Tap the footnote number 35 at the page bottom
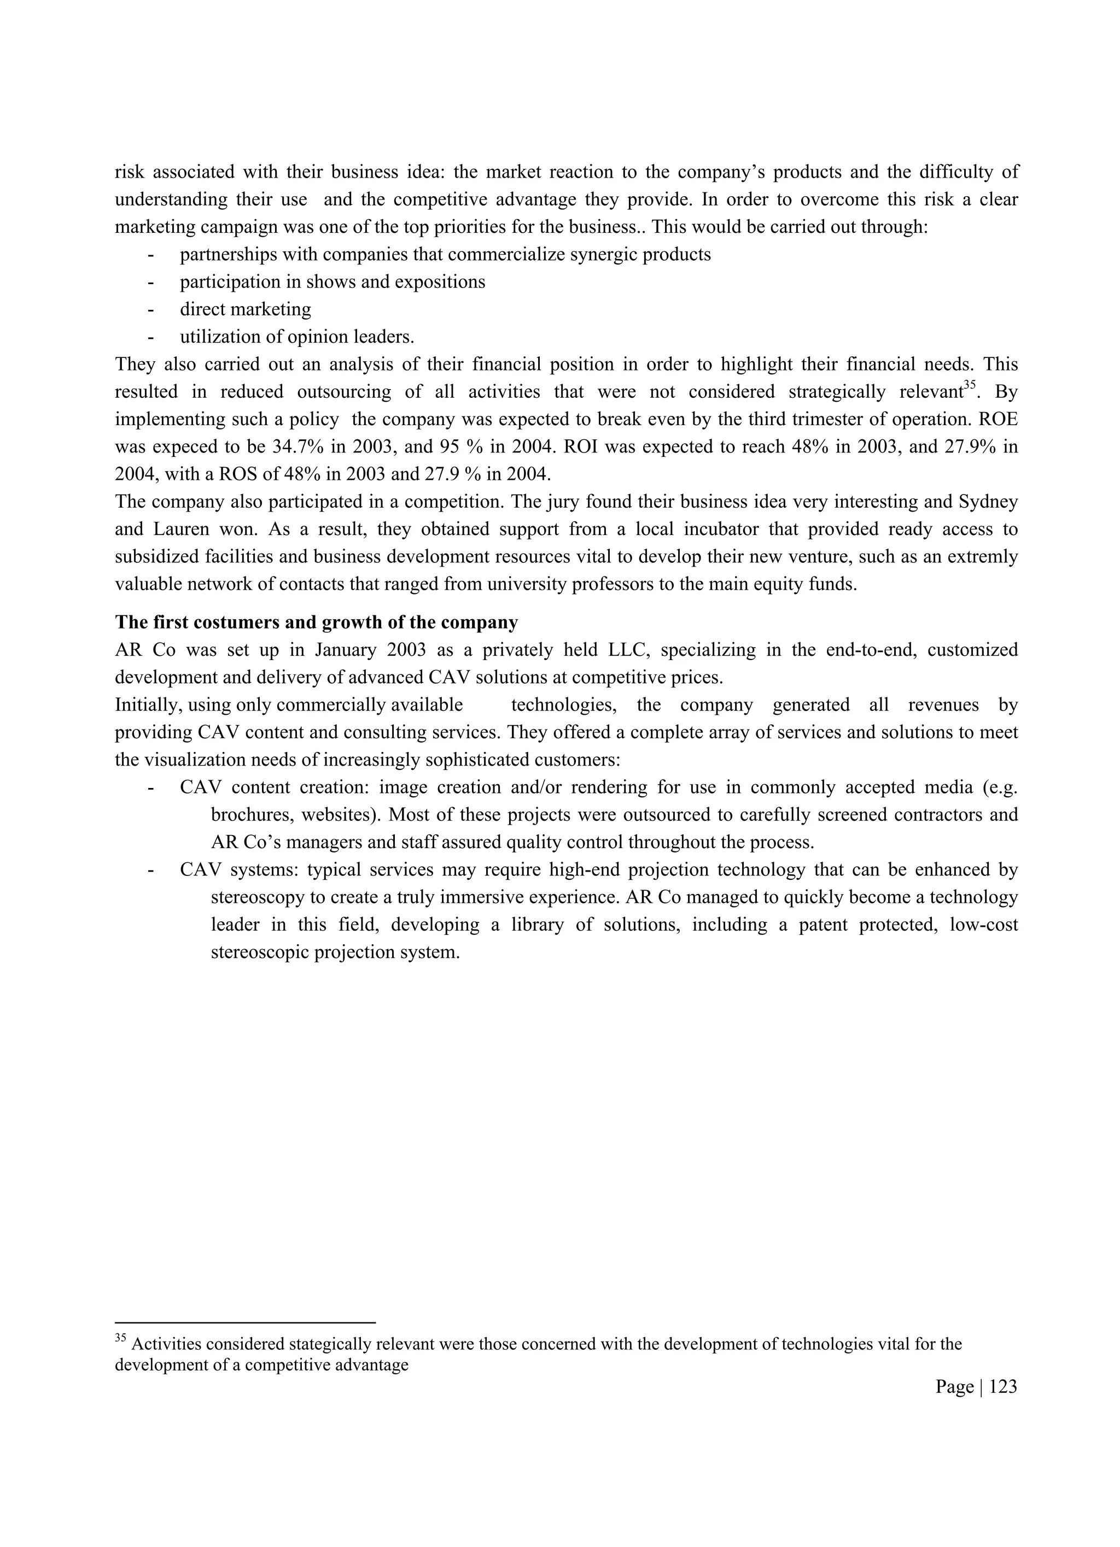pos(120,1338)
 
